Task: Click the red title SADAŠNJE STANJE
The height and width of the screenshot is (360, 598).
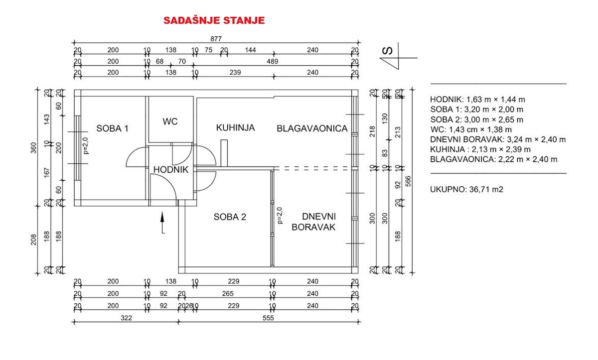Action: [214, 21]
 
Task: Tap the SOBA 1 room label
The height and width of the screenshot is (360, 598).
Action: [113, 128]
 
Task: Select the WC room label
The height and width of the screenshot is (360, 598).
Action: [170, 121]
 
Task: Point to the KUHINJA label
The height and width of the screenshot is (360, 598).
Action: [235, 128]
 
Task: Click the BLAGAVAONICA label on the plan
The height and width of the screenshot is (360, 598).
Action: [312, 128]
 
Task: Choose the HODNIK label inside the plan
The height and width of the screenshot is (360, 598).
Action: [170, 170]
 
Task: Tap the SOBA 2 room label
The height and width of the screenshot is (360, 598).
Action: [230, 217]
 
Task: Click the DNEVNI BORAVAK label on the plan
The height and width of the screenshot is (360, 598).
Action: [319, 222]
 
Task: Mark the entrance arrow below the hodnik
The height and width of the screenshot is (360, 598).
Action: [162, 223]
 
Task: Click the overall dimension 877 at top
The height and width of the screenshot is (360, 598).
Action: [215, 39]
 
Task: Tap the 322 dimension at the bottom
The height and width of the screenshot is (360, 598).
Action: [127, 318]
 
